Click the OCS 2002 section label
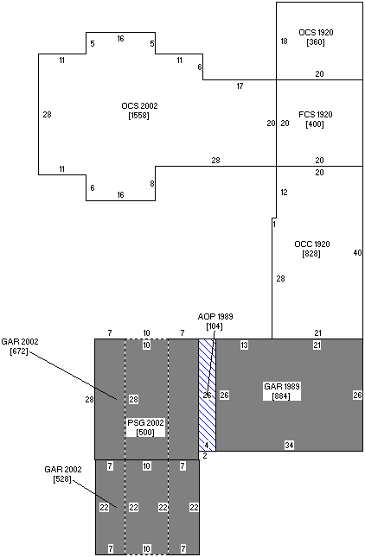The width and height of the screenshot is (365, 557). tap(139, 111)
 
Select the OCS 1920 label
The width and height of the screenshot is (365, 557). tap(316, 37)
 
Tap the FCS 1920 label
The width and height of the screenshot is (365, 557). tap(316, 119)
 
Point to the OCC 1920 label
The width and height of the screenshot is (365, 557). tap(312, 249)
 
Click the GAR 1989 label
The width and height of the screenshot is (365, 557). tap(282, 391)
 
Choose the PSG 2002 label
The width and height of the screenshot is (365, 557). tap(145, 427)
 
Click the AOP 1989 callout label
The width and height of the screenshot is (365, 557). tap(215, 321)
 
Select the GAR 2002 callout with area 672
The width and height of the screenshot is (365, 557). tap(20, 346)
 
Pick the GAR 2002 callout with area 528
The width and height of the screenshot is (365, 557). tap(63, 474)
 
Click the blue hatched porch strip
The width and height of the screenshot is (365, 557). tap(207, 395)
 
